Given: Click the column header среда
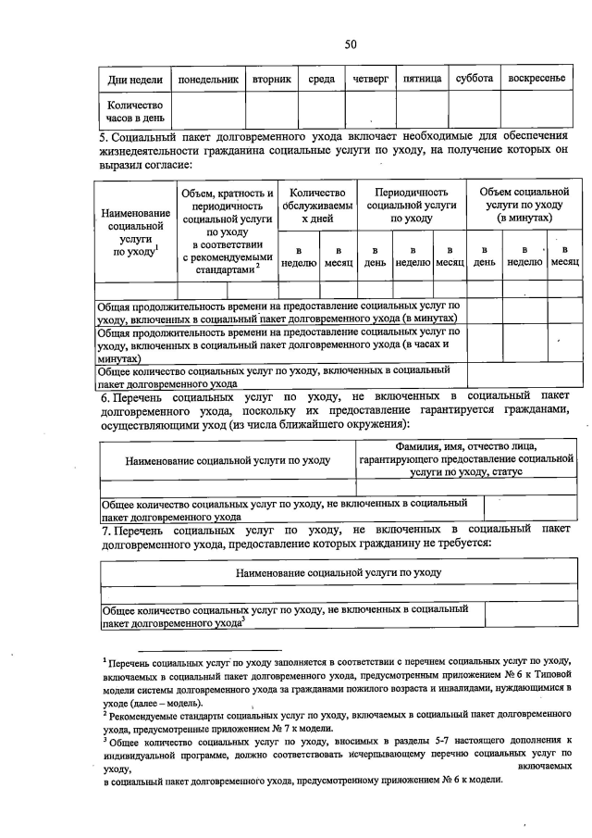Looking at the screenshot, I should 321,79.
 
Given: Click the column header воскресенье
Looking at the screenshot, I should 536,79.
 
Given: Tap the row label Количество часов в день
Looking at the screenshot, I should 135,110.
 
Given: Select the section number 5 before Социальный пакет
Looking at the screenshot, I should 104,137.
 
